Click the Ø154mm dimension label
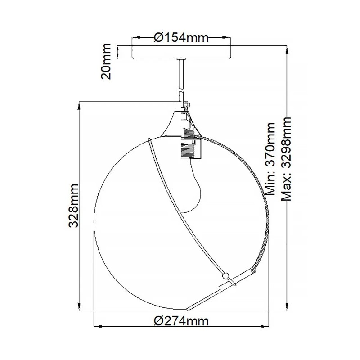tap(181, 38)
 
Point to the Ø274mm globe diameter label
tap(181, 321)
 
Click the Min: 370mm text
tap(271, 158)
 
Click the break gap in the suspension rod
tap(181, 90)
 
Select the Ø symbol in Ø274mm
tap(157, 321)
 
